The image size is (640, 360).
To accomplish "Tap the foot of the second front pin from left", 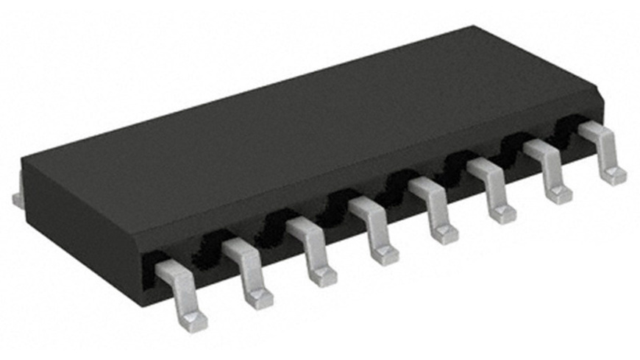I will tap(260, 297).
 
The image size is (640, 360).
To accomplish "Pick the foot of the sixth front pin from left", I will tap(503, 213).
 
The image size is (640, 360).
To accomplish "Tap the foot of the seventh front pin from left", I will tap(560, 194).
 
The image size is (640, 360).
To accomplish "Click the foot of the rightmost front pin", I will tap(614, 175).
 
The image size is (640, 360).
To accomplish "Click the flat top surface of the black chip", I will tap(294, 125).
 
